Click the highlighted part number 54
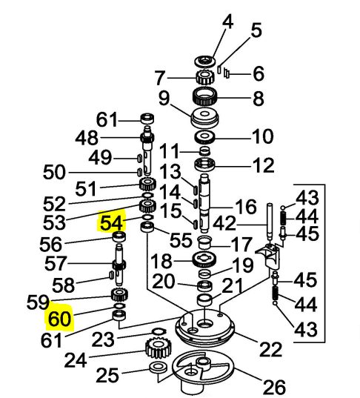(x=112, y=223)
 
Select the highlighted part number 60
(x=59, y=319)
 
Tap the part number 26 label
(x=274, y=387)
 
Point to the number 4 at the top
(x=227, y=21)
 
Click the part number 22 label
(x=270, y=349)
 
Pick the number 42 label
(x=224, y=224)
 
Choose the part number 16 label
(x=245, y=206)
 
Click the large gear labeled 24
(x=159, y=348)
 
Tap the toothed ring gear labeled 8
(x=205, y=96)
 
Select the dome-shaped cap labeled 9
(x=204, y=119)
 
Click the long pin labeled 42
(x=270, y=222)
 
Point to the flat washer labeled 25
(x=159, y=368)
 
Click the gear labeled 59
(x=119, y=294)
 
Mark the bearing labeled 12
(x=205, y=165)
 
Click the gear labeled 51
(x=147, y=184)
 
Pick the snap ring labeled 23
(x=159, y=331)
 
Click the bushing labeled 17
(x=204, y=242)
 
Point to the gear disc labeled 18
(x=204, y=259)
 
